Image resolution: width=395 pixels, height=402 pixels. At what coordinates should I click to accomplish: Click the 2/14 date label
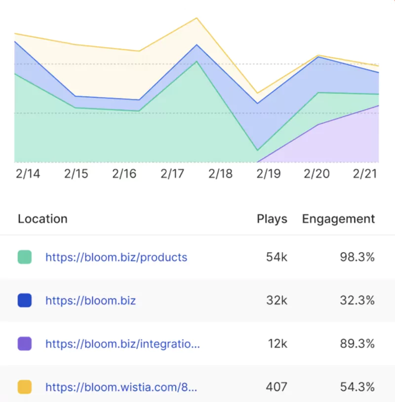click(28, 174)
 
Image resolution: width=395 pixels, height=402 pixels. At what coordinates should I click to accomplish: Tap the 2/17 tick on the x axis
click(172, 174)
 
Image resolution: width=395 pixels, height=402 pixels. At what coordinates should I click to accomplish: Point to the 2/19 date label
click(268, 174)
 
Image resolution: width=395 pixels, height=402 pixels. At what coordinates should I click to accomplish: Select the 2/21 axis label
click(365, 174)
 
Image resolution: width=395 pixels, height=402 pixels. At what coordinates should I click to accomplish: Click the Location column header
click(42, 219)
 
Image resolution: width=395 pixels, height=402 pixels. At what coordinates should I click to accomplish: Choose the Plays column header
click(272, 219)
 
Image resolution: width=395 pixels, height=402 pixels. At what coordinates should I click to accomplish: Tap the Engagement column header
click(338, 219)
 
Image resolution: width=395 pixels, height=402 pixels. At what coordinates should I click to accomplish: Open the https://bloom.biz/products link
click(116, 257)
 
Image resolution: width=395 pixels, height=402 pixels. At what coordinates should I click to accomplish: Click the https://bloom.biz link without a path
click(90, 300)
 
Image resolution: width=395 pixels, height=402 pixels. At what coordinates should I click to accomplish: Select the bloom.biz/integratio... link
click(122, 344)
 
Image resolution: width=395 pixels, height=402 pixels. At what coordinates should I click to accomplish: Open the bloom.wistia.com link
click(121, 387)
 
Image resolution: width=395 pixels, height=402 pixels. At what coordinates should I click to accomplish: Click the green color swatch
click(25, 257)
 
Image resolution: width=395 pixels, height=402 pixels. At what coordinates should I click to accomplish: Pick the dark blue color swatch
click(25, 300)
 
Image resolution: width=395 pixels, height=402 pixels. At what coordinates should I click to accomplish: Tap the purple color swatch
click(25, 344)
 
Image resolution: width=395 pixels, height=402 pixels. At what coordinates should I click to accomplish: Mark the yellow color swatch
click(25, 387)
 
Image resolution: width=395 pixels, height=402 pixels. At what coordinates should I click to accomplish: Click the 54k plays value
click(276, 257)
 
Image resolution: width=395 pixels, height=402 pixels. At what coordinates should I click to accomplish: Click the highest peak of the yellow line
click(197, 18)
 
